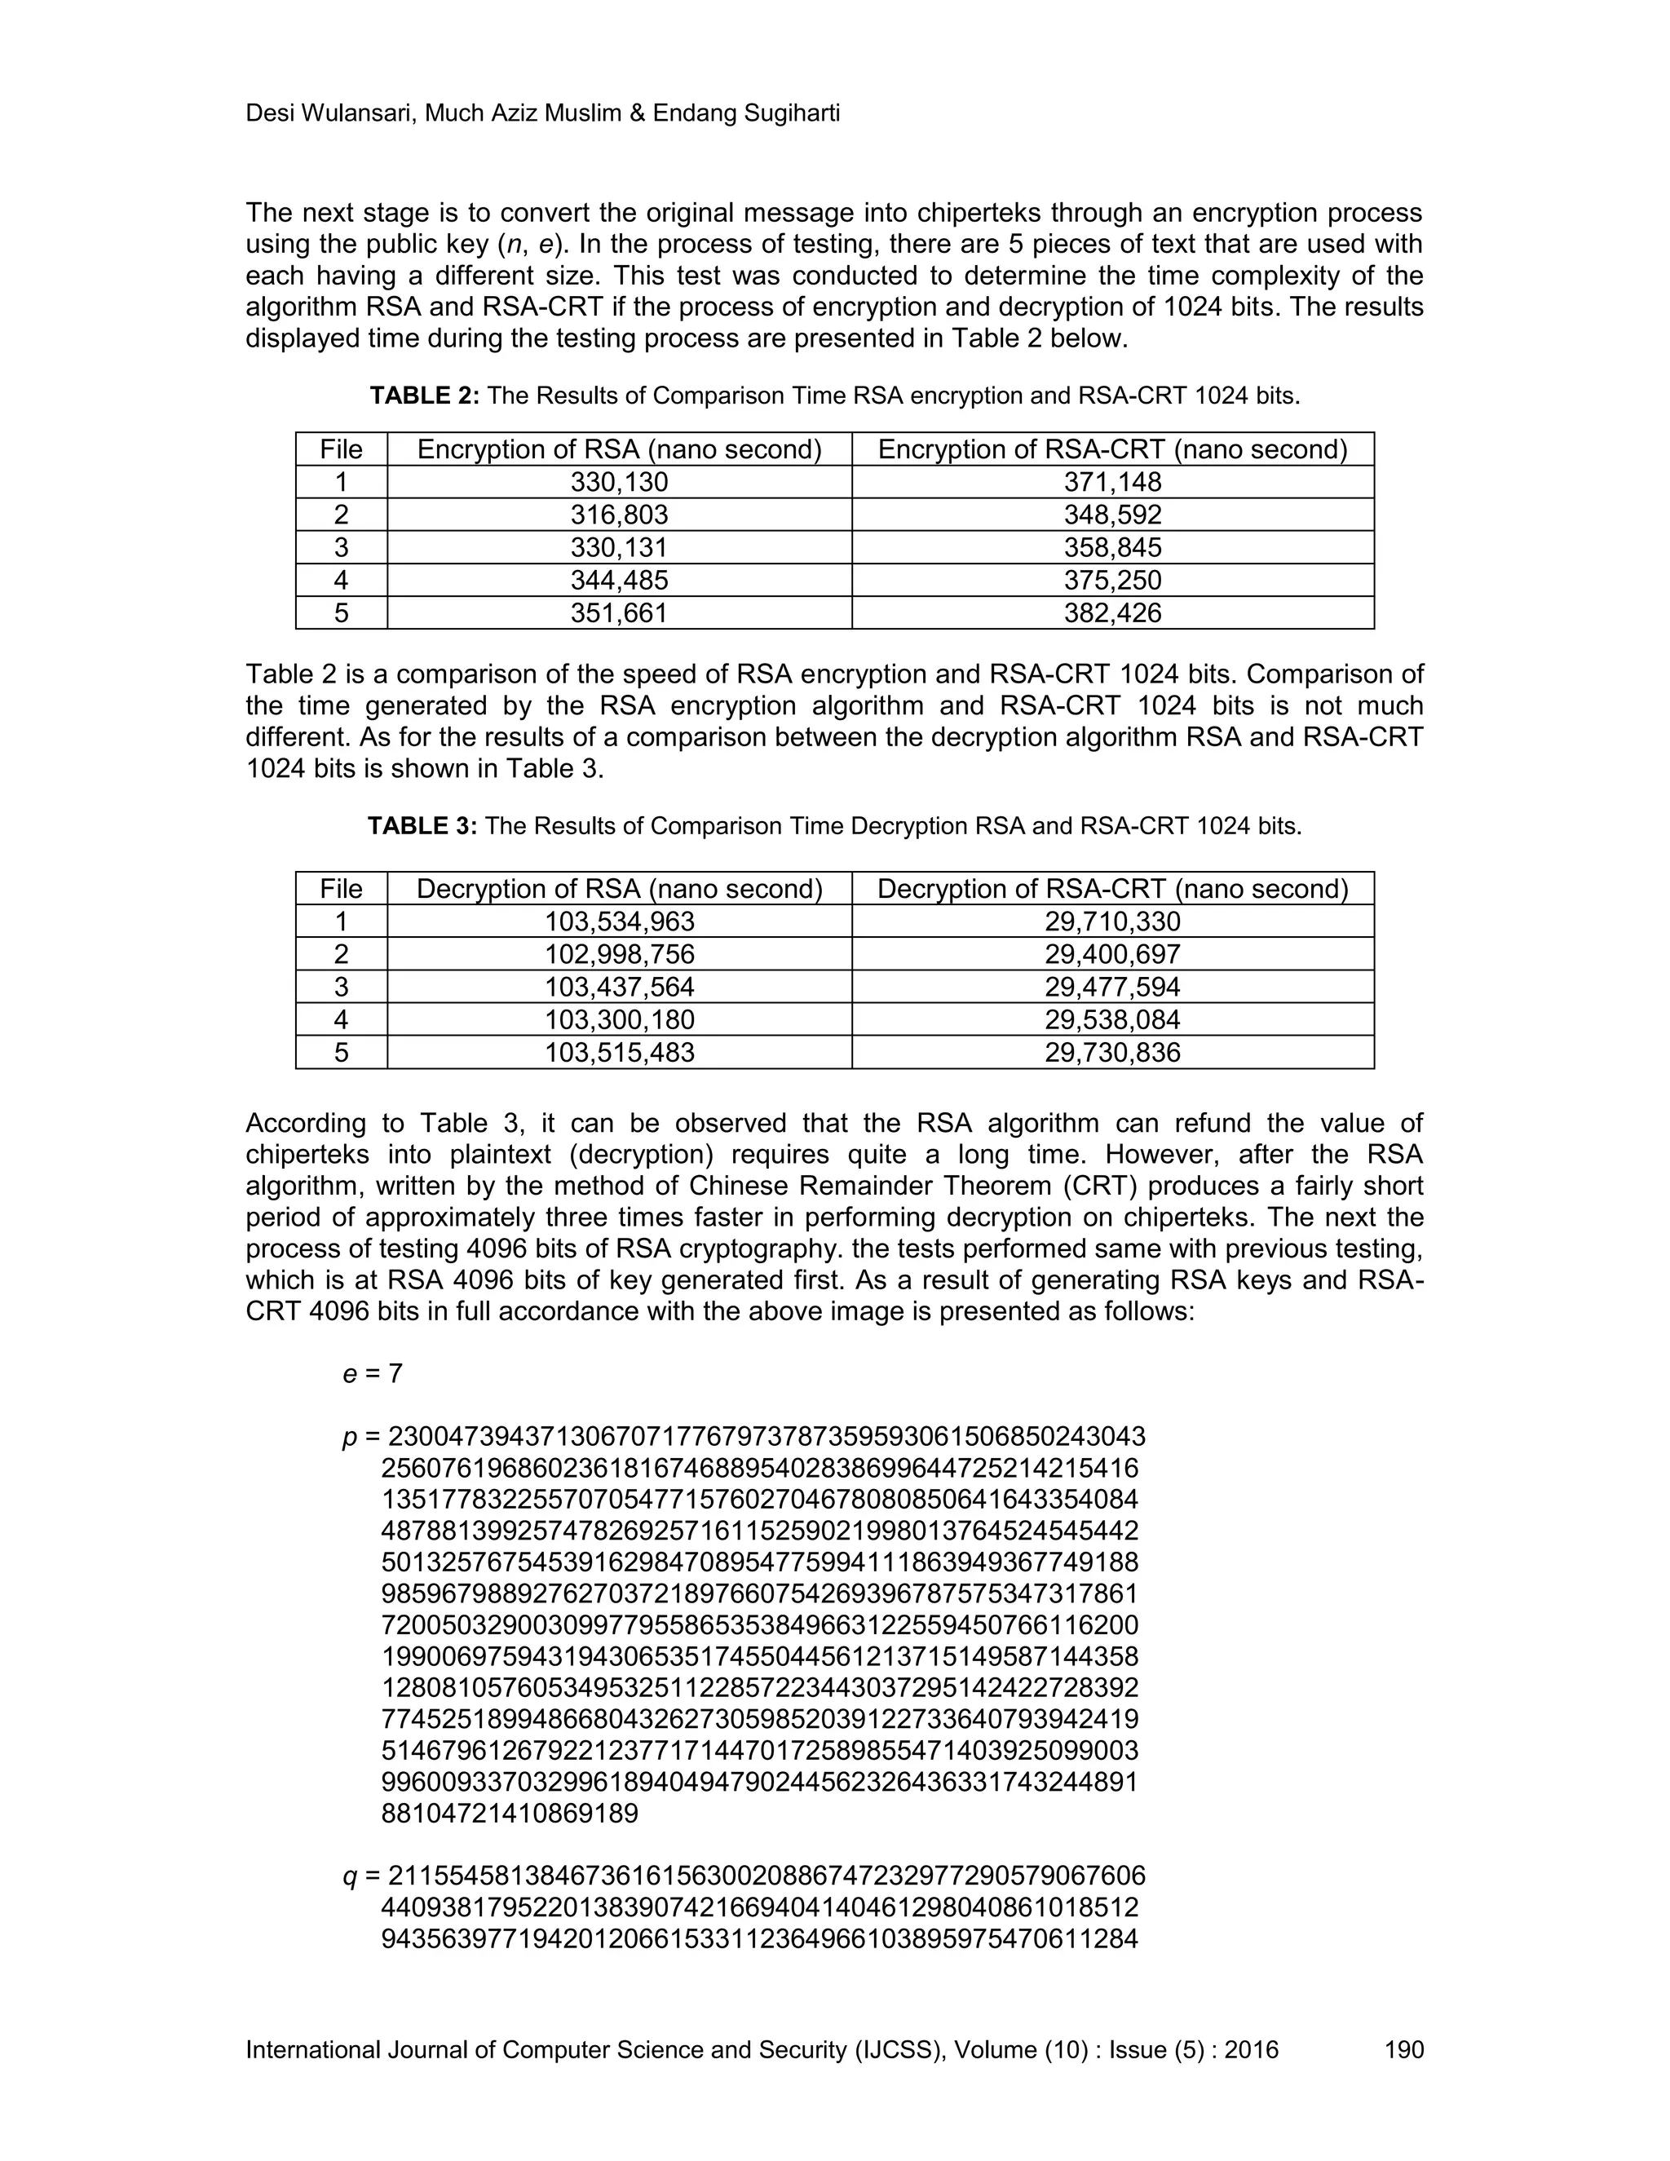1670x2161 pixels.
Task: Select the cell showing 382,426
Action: [x=1112, y=612]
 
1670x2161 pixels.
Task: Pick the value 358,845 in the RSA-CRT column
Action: [x=1112, y=547]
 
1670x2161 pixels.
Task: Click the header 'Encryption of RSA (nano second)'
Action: [x=620, y=449]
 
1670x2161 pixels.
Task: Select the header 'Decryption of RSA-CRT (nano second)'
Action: [x=1112, y=889]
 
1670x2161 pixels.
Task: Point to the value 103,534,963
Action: [x=620, y=921]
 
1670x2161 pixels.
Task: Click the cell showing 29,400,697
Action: [x=1112, y=954]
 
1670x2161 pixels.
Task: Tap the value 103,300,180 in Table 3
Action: [x=620, y=1019]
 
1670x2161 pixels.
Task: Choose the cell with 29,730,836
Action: [x=1112, y=1052]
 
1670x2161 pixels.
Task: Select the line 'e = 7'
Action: [x=372, y=1373]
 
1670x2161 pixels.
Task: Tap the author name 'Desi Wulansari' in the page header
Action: [x=329, y=114]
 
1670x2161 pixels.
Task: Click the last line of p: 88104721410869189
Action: [x=510, y=1813]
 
